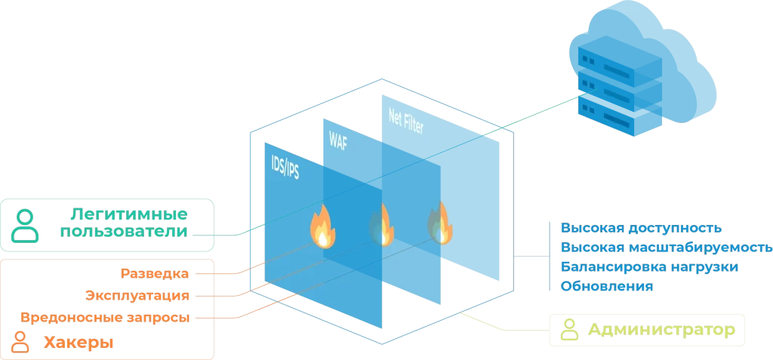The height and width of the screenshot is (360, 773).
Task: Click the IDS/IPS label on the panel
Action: (x=285, y=168)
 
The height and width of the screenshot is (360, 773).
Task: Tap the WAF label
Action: (x=338, y=141)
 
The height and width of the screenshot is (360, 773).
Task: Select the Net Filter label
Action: (x=405, y=121)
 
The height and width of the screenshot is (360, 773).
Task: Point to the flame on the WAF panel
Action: (x=380, y=223)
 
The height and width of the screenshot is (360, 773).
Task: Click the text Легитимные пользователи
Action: (x=124, y=223)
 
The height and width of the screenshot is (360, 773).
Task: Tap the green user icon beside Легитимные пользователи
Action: (x=26, y=225)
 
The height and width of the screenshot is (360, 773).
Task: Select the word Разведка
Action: (x=154, y=273)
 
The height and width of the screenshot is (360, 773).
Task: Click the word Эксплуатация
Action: (x=137, y=295)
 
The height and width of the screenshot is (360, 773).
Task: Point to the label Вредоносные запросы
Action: (x=105, y=317)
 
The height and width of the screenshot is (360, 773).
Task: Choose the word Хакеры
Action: (x=78, y=343)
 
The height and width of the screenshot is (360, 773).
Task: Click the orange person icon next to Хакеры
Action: (x=21, y=342)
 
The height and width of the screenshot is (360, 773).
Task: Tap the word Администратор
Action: (x=661, y=330)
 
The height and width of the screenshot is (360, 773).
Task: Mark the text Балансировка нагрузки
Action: (x=648, y=267)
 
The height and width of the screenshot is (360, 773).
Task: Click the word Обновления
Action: (x=606, y=287)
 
